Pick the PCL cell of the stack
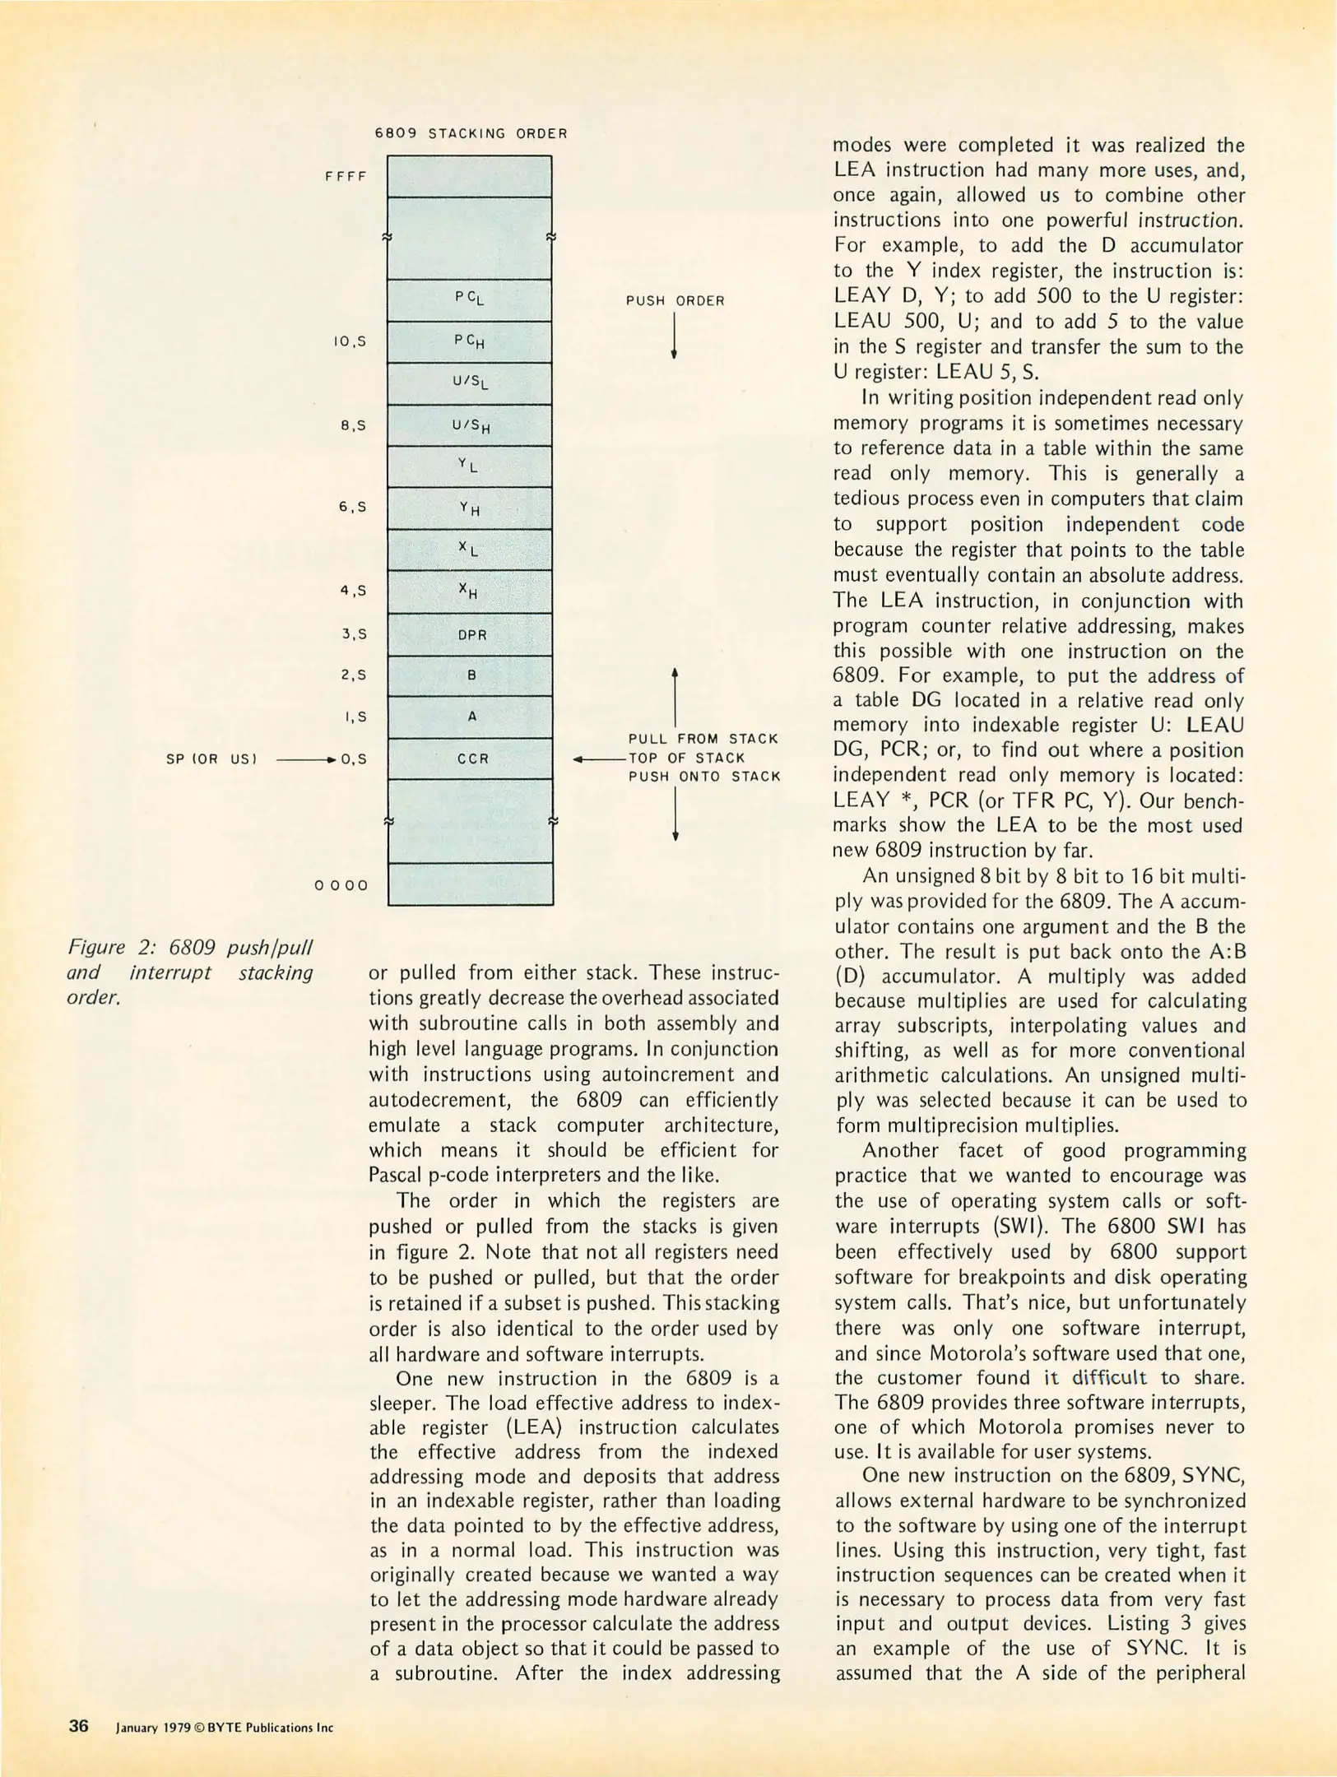click(470, 299)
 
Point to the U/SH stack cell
click(470, 425)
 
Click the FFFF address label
click(346, 176)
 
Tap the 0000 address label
click(341, 885)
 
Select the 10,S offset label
click(350, 341)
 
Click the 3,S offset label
click(353, 634)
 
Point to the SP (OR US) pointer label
click(211, 759)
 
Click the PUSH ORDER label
click(675, 300)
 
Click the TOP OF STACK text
click(686, 758)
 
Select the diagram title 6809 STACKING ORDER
click(471, 133)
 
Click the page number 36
click(78, 1725)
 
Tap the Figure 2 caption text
click(189, 972)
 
